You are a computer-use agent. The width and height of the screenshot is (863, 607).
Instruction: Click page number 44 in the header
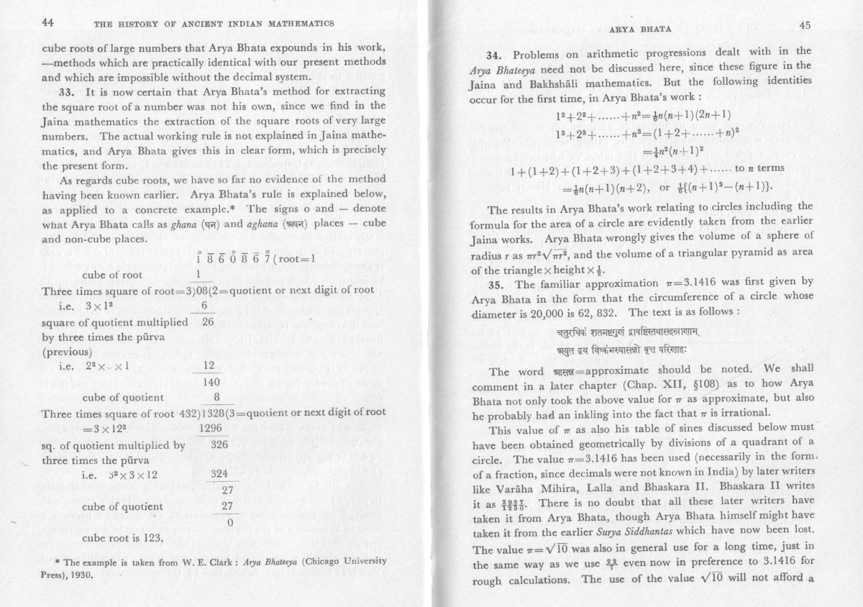click(48, 22)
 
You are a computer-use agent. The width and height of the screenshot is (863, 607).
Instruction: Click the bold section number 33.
click(67, 92)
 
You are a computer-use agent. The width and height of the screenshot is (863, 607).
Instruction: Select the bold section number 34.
click(497, 55)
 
